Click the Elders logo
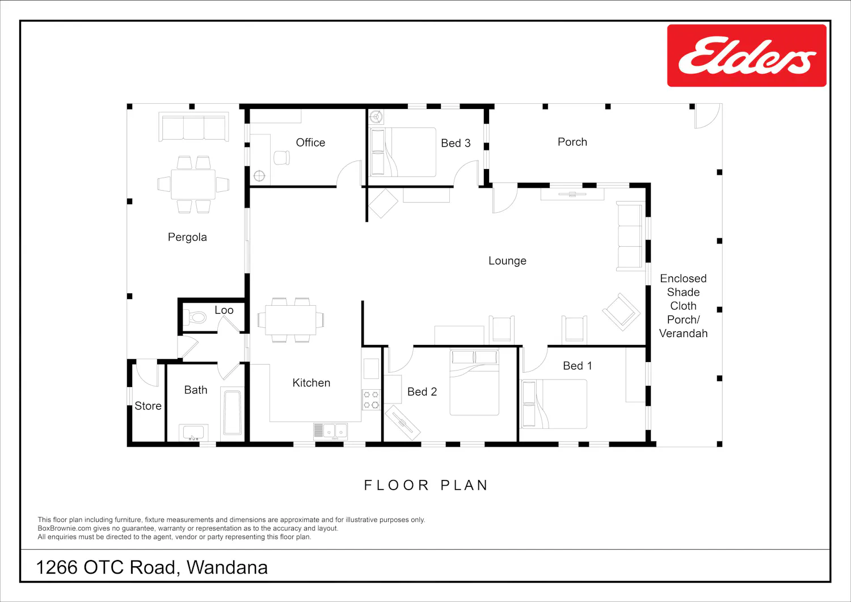point(747,56)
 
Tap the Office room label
point(310,142)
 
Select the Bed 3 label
point(456,144)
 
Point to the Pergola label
point(187,237)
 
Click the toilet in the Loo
point(195,317)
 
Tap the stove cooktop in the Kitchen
point(371,399)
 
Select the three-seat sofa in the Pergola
point(194,127)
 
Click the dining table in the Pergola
point(193,184)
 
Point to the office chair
point(281,158)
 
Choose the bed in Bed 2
point(474,382)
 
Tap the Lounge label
point(507,260)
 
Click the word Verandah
point(683,333)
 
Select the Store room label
point(148,406)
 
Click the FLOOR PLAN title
point(426,485)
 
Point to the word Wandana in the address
point(227,567)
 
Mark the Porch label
point(572,142)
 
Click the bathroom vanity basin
point(193,432)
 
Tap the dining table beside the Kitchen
point(290,320)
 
